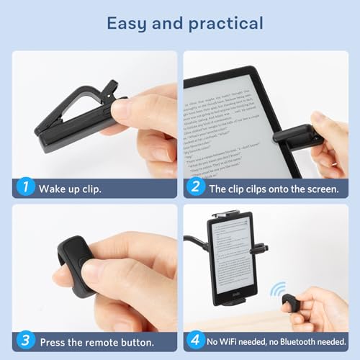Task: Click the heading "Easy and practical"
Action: [180, 24]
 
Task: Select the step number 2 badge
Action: [194, 189]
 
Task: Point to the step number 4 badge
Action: [194, 342]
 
